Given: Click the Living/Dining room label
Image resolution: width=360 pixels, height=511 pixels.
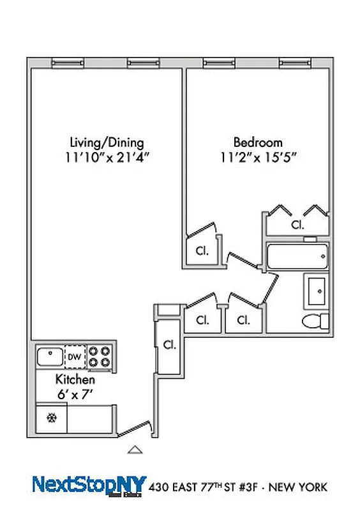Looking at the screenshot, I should click(106, 142).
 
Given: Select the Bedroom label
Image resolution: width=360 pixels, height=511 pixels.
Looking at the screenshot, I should click(257, 142).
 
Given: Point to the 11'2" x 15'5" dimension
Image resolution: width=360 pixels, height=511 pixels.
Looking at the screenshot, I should click(257, 156).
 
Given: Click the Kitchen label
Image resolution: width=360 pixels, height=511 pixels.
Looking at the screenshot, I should click(75, 380).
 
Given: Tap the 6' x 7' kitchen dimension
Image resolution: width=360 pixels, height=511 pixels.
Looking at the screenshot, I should click(75, 394).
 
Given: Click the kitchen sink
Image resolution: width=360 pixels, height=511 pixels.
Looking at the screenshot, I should click(49, 356).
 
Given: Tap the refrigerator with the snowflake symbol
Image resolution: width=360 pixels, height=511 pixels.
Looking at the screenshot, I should click(51, 418).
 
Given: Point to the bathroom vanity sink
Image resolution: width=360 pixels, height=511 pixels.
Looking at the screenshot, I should click(317, 291).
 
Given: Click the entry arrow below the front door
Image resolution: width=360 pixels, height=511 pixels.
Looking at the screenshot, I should click(134, 450).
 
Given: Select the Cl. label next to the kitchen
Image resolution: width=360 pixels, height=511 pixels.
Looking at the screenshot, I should click(169, 345).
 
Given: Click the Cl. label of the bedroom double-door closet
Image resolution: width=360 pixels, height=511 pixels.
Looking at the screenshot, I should click(297, 225).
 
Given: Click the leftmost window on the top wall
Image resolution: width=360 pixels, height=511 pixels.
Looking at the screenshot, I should click(68, 62).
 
